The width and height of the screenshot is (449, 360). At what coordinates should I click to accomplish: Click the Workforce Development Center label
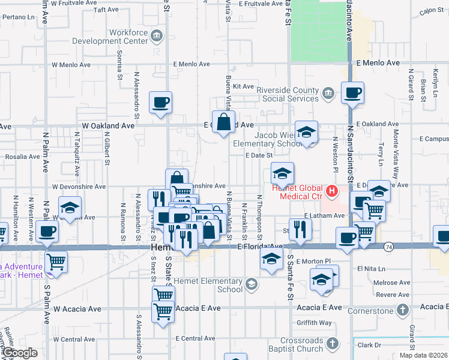tap(110, 37)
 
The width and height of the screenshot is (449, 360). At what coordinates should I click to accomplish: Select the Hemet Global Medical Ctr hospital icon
tap(331, 192)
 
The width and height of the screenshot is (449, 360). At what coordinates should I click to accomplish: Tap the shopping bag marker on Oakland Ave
tap(223, 122)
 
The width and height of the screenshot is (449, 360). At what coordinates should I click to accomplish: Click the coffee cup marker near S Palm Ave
tap(48, 231)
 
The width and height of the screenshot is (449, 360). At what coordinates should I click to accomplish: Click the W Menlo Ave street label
tap(71, 64)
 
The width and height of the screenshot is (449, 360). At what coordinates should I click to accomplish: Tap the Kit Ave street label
tap(244, 86)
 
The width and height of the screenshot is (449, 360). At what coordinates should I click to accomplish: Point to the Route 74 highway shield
tap(388, 246)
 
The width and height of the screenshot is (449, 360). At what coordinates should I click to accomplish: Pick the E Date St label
tap(259, 155)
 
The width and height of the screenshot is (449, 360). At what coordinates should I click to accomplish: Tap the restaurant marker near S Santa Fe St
tap(300, 229)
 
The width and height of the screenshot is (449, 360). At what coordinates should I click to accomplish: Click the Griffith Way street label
tap(314, 323)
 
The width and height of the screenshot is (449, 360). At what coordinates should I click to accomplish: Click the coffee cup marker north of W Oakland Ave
tap(160, 103)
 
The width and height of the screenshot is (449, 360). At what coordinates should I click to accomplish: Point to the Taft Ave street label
tap(106, 10)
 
